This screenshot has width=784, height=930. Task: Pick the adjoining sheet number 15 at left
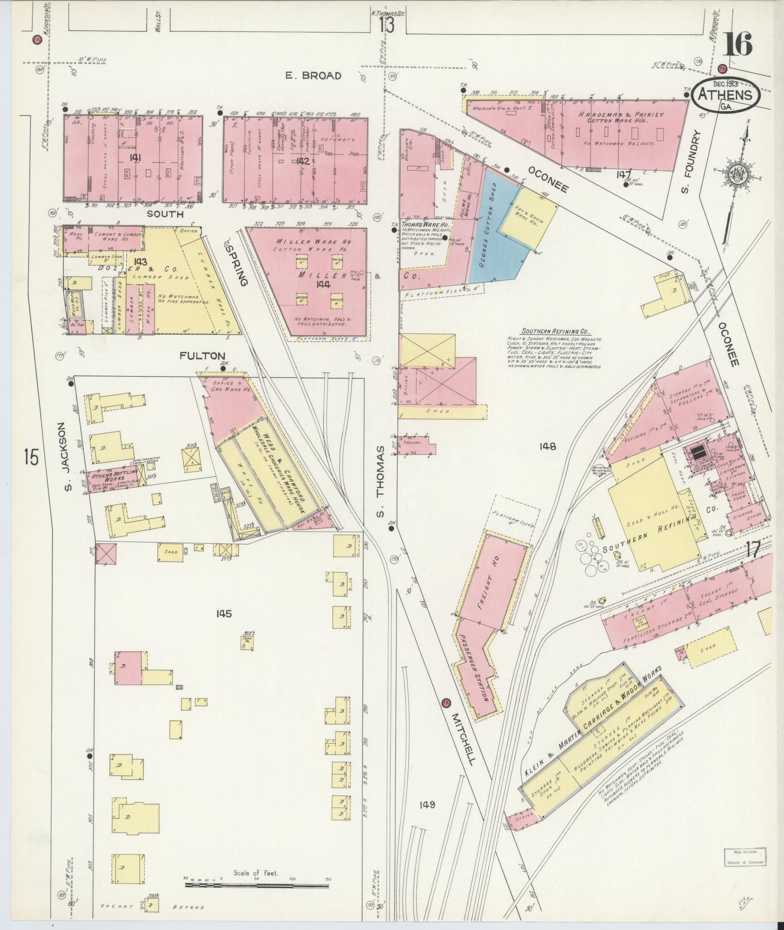pos(31,457)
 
